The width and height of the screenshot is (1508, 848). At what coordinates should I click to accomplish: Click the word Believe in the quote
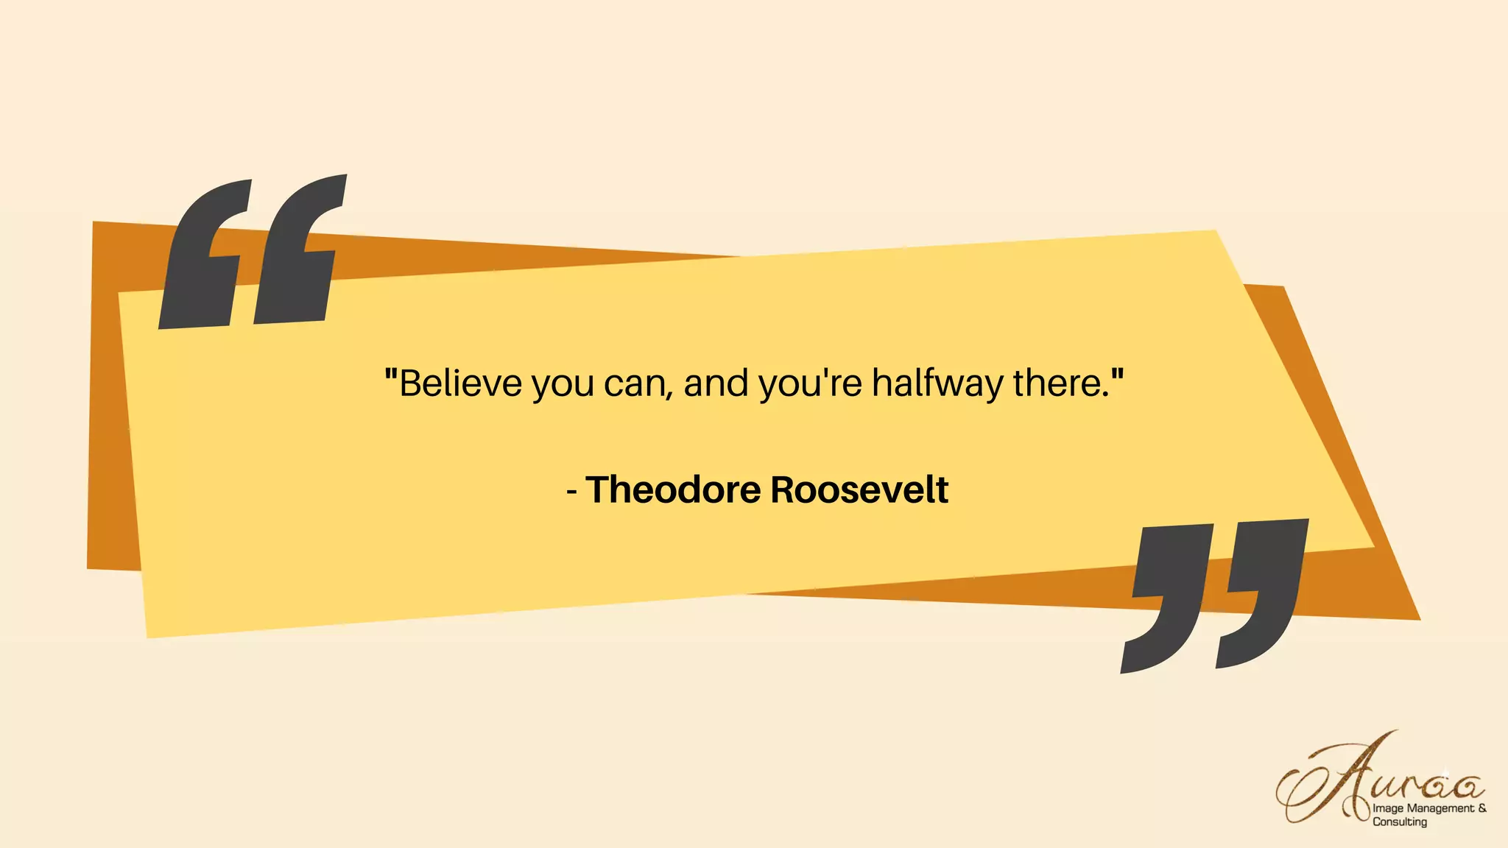460,384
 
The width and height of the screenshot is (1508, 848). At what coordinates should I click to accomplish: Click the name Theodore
673,490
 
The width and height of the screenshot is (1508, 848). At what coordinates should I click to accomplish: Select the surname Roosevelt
859,490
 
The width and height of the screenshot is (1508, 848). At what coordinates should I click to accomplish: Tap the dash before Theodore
572,491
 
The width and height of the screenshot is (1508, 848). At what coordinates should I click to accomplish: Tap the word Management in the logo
1440,808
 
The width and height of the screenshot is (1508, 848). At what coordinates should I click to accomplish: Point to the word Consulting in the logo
1399,822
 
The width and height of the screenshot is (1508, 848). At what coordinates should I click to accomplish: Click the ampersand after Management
1482,808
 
